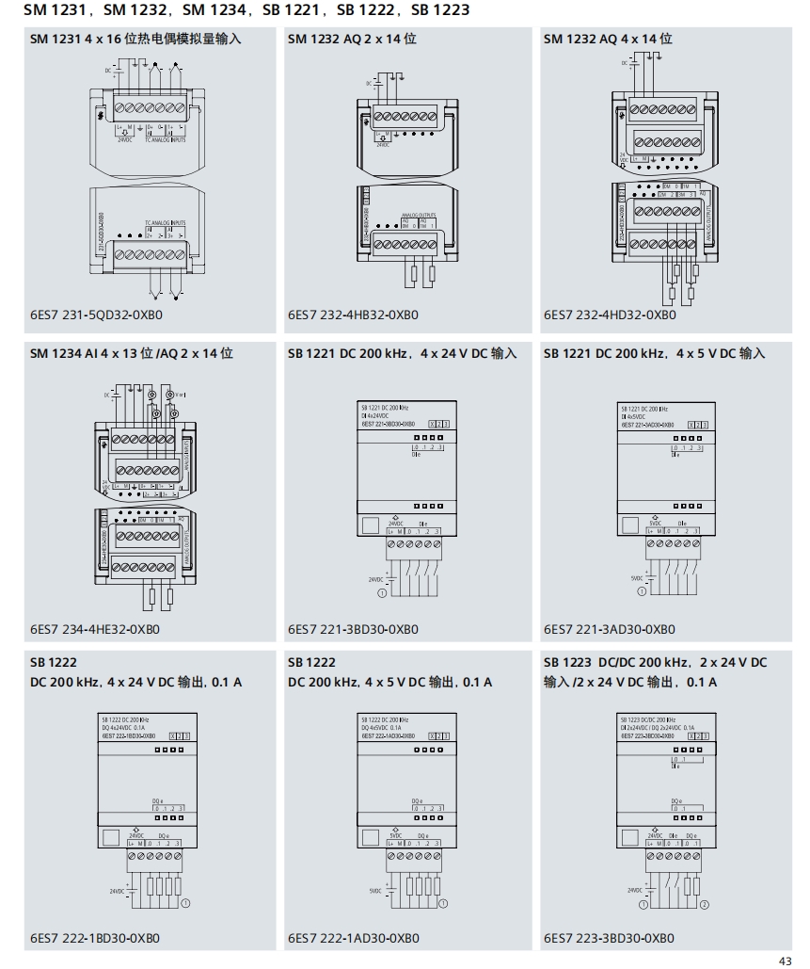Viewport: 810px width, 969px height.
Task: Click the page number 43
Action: point(786,960)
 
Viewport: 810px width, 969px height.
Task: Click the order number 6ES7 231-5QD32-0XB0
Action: point(95,315)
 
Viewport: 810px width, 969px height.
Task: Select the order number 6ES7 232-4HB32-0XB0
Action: point(353,315)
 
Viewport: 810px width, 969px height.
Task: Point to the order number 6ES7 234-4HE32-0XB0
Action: point(95,628)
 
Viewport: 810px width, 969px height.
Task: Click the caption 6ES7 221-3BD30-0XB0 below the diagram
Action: point(353,628)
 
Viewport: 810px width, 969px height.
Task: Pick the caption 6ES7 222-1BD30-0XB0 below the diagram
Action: point(95,938)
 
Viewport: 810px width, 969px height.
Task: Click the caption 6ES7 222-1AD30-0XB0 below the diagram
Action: point(353,938)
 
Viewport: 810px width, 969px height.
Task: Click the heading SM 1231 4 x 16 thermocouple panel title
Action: point(135,40)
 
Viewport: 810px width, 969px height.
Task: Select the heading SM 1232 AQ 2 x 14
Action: point(352,40)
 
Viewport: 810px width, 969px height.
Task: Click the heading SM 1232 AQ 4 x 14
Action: point(608,40)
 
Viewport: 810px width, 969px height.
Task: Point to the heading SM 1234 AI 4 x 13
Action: point(132,353)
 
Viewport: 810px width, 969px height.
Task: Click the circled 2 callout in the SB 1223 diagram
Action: point(705,904)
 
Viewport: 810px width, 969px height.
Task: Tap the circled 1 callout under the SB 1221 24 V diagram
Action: point(382,593)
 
